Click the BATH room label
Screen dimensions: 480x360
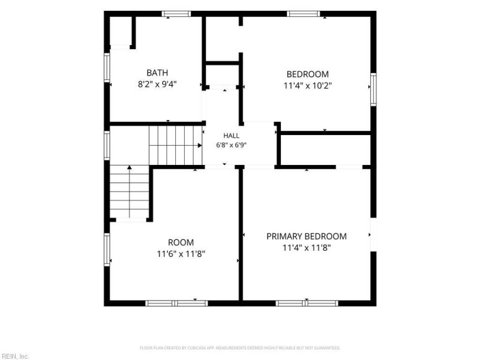(157, 73)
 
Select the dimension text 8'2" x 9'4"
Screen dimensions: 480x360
(157, 84)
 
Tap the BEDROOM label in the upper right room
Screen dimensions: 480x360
(307, 74)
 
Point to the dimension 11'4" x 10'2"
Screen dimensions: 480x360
(308, 85)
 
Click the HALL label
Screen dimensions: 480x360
(231, 136)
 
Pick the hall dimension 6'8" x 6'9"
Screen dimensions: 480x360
(231, 145)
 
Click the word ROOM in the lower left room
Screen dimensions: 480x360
(181, 242)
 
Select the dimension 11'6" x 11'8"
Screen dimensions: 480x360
(181, 254)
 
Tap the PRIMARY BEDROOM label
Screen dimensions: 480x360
(307, 236)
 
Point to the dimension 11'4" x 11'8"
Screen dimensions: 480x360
(307, 247)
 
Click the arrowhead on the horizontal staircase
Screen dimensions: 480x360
(200, 145)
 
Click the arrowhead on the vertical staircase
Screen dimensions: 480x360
(130, 167)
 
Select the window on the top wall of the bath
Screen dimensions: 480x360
(176, 14)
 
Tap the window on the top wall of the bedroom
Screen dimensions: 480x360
(304, 14)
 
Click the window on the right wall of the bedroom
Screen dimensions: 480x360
(373, 89)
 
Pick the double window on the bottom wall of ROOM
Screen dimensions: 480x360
(176, 304)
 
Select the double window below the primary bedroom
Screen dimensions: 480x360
(307, 304)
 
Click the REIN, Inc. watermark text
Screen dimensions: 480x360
(14, 356)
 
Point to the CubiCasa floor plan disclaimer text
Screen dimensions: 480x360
(240, 348)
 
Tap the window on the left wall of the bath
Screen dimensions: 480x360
(107, 67)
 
